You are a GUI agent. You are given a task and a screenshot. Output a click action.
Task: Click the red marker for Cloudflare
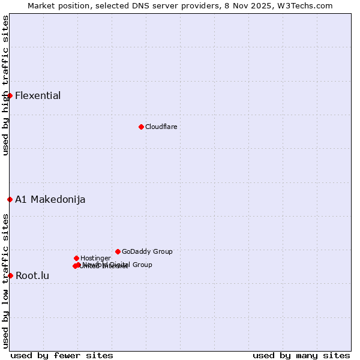pos(141,127)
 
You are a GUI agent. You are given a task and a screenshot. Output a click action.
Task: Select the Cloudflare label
pos(161,127)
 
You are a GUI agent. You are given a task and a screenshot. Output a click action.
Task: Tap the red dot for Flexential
pos(10,95)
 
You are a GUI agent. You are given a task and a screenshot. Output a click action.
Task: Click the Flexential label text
pos(38,95)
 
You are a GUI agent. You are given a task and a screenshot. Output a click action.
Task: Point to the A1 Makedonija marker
pos(10,199)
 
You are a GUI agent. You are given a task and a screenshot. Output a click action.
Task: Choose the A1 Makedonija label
pos(50,199)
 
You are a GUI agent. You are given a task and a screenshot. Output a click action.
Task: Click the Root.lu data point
pos(10,275)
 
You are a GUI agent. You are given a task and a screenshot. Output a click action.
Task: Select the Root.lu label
pos(32,275)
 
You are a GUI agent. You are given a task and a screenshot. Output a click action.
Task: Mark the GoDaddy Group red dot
pos(118,251)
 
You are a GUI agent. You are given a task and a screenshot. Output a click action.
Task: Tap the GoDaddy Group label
pos(147,251)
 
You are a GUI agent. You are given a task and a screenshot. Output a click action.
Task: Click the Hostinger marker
pos(76,258)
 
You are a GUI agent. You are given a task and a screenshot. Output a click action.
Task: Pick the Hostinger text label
pos(95,258)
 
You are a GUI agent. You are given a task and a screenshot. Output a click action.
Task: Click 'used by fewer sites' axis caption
pos(62,355)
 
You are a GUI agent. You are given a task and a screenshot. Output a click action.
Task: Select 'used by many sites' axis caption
pos(301,355)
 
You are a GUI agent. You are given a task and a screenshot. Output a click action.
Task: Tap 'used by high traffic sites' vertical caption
pos(5,85)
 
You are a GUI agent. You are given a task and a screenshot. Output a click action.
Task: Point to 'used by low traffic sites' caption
pos(5,280)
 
